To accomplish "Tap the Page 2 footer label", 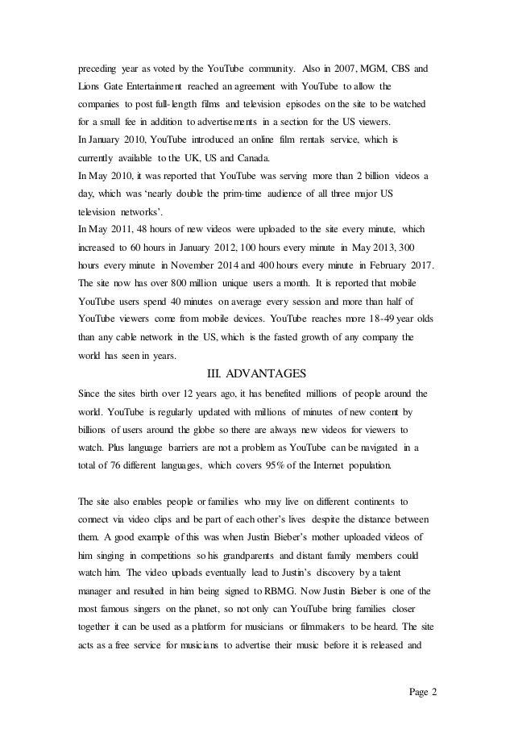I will pos(418,693).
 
